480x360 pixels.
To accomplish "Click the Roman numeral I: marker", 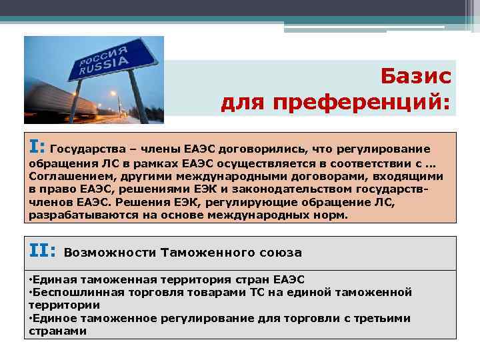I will (x=37, y=146).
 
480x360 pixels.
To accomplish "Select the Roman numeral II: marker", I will (x=43, y=251).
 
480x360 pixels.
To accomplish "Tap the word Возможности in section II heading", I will (x=109, y=253).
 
